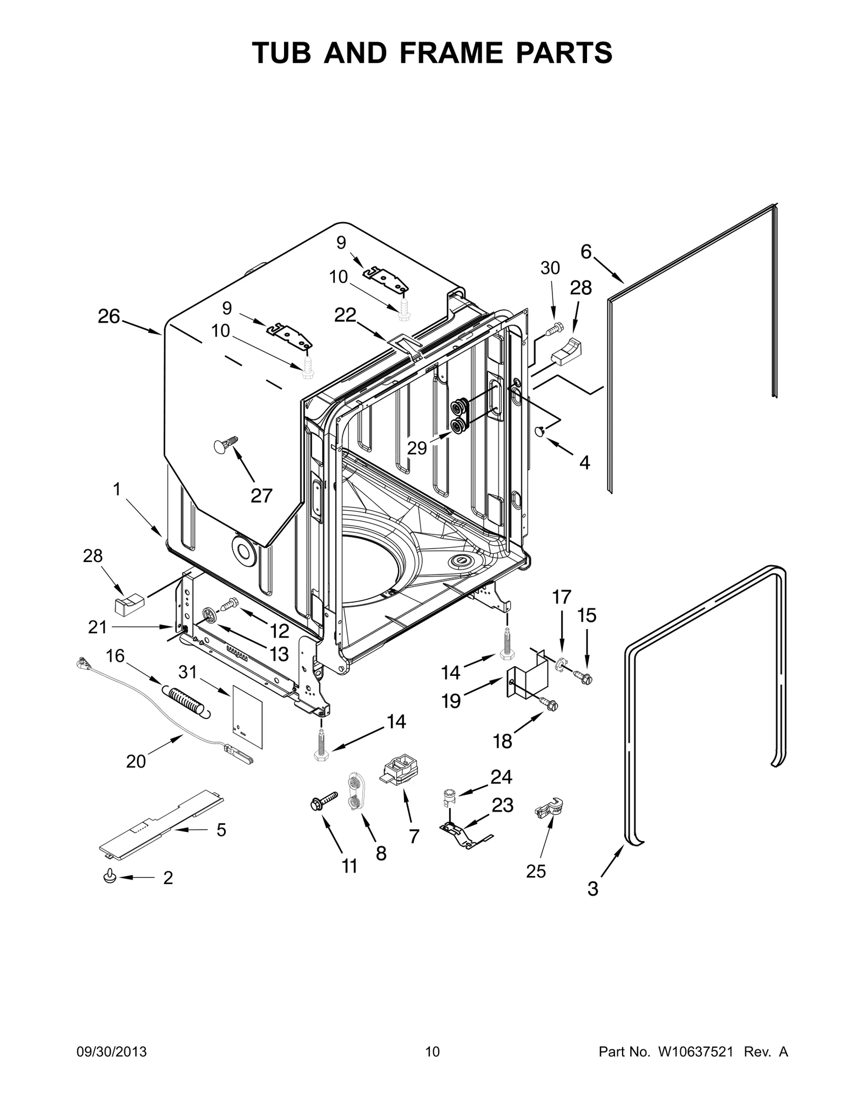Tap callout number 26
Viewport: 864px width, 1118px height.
[x=109, y=317]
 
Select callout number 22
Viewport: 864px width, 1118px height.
[x=345, y=315]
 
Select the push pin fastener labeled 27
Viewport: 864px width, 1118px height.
[x=225, y=444]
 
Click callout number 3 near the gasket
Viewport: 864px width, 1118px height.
[x=592, y=888]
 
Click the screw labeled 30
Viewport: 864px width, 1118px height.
[x=555, y=329]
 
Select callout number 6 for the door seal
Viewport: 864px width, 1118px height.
[x=586, y=252]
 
